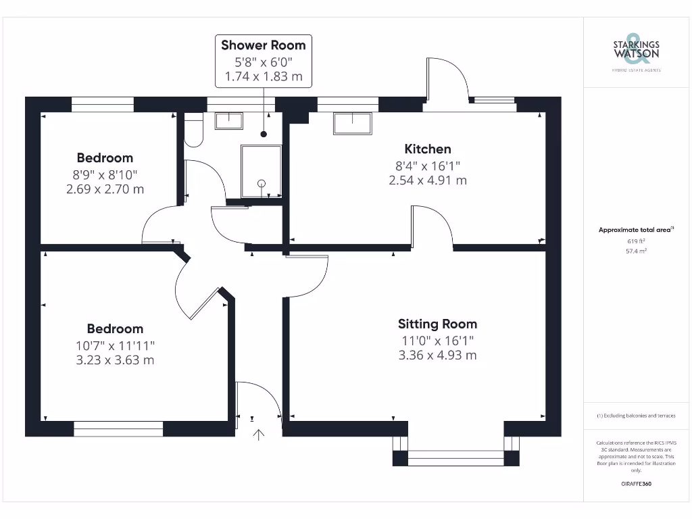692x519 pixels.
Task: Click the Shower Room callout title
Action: coord(264,45)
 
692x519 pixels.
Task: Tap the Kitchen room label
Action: coord(428,149)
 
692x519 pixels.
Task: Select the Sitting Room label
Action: coord(437,324)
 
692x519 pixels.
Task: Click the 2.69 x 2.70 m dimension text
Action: coord(105,189)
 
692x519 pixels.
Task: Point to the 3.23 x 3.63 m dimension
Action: coord(115,360)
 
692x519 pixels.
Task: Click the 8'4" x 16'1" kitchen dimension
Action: coord(428,166)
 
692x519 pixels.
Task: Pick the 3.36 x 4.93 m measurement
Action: coord(437,355)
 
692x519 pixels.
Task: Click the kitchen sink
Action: coord(352,124)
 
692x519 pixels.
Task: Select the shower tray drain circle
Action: coord(262,182)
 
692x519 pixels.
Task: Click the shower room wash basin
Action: coord(229,120)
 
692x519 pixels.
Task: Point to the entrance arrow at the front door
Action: coord(258,434)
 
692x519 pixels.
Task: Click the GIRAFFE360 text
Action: coord(636,485)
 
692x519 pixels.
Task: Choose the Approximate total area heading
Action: coord(635,230)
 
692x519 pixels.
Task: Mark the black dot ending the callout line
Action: coord(264,134)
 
